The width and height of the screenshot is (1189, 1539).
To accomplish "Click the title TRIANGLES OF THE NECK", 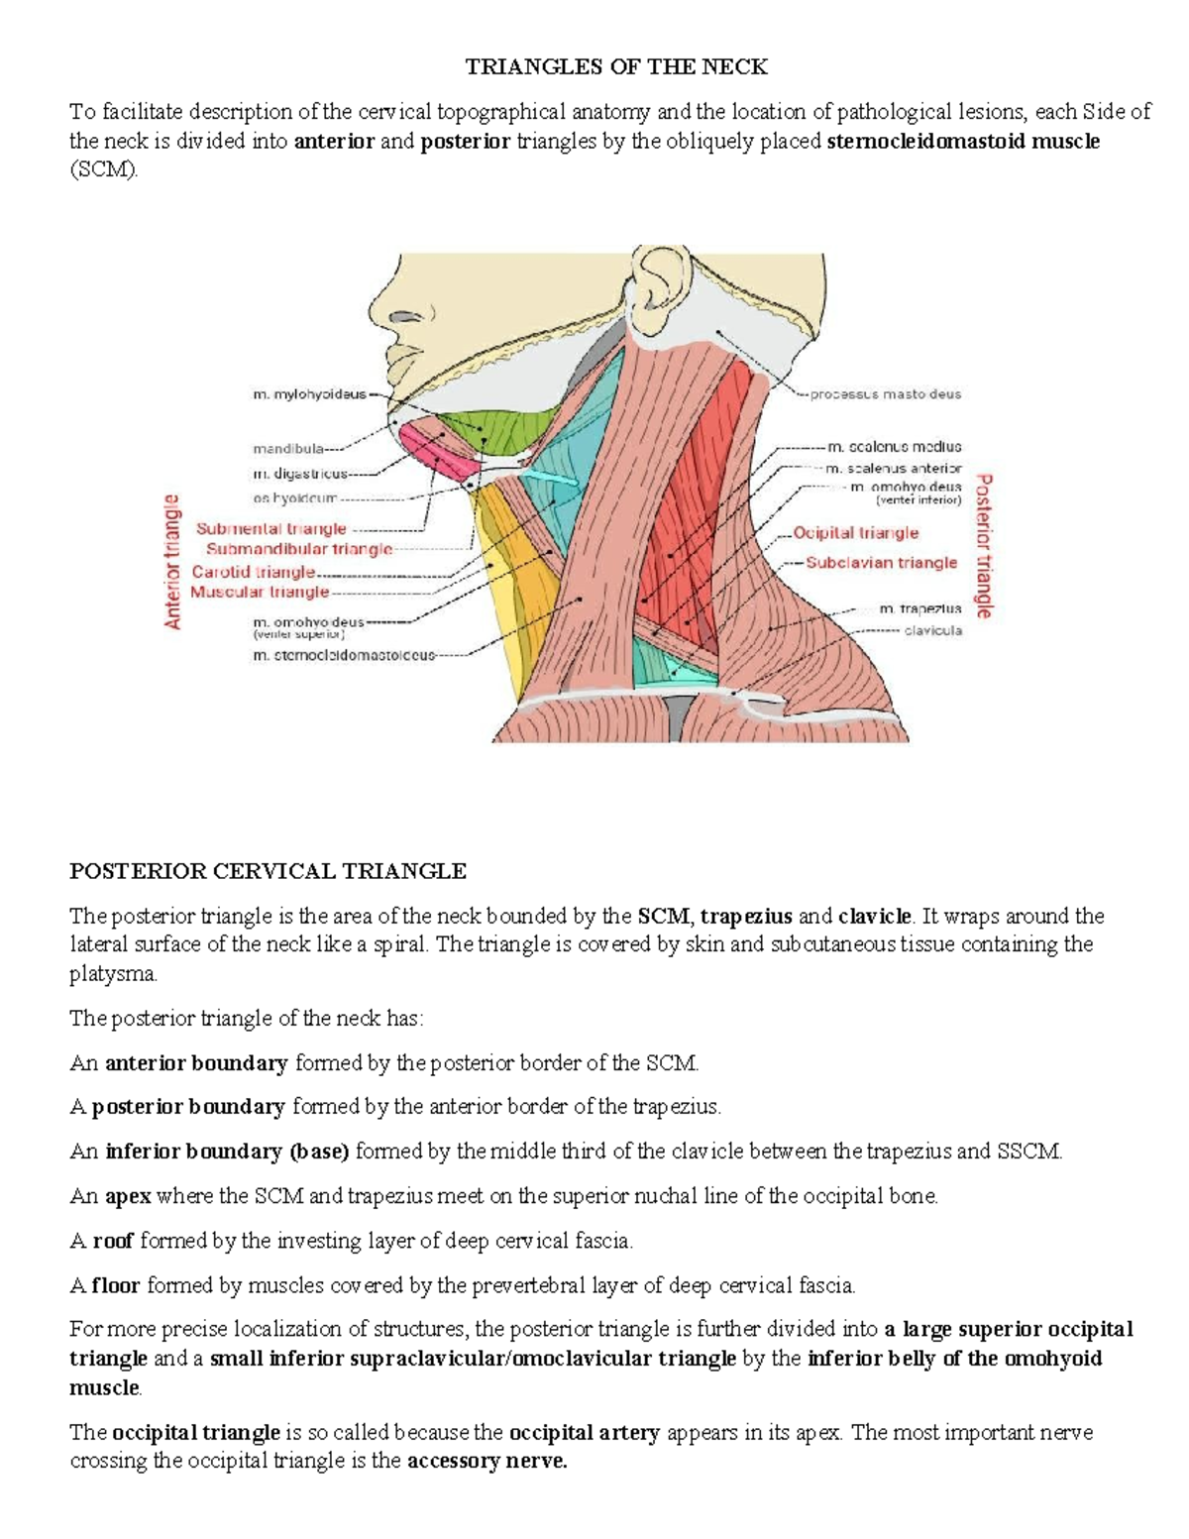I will pos(616,67).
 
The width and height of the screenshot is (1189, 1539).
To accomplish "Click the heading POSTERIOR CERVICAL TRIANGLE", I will pos(268,871).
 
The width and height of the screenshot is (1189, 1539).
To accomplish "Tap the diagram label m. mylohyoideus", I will pos(309,394).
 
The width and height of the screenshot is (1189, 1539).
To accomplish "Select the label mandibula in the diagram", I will pos(287,448).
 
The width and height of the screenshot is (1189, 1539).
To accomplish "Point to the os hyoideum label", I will pos(295,498).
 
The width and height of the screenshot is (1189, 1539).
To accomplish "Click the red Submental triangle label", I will pos(271,529).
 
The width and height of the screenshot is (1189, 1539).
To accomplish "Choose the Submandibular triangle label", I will pos(299,549).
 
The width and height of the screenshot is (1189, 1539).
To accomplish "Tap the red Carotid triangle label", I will pos(254,572).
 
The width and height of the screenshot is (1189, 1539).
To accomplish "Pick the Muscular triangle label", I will pos(260,592).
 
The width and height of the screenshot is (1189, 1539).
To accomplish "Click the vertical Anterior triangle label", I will pos(173,562).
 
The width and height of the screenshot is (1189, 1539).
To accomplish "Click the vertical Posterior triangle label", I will pos(984,546).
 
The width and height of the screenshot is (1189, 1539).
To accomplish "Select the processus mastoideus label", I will pos(885,394).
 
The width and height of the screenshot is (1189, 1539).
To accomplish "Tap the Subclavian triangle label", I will pos(881,563).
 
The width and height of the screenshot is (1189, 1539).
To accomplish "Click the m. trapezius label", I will pos(919,608).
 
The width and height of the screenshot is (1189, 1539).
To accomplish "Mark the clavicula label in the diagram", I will pos(932,630).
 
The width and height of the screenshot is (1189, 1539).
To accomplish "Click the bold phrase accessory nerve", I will pos(486,1461).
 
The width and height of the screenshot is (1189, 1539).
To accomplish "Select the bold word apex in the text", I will pos(128,1196).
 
